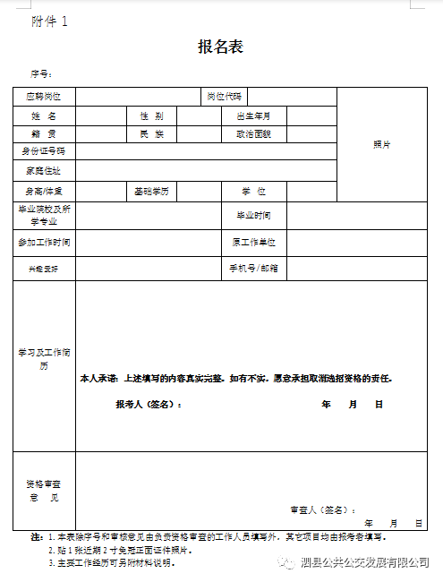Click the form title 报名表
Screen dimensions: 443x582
tap(220, 47)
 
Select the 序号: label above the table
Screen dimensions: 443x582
tap(42, 73)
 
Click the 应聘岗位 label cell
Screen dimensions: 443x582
tap(44, 96)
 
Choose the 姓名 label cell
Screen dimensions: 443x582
tap(44, 116)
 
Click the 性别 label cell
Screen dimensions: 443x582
tap(151, 116)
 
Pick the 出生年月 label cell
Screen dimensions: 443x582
tap(253, 116)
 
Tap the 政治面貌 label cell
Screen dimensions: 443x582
tap(253, 133)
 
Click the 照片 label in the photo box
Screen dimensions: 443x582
tap(381, 144)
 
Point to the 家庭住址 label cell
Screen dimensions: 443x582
tap(44, 170)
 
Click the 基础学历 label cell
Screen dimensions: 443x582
tap(151, 191)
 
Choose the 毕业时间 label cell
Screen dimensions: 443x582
tap(253, 216)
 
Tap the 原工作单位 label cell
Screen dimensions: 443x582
tap(253, 242)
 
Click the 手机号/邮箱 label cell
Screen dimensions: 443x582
tap(253, 268)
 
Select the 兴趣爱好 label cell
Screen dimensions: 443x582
tap(44, 268)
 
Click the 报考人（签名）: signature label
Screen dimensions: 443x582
tap(149, 405)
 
